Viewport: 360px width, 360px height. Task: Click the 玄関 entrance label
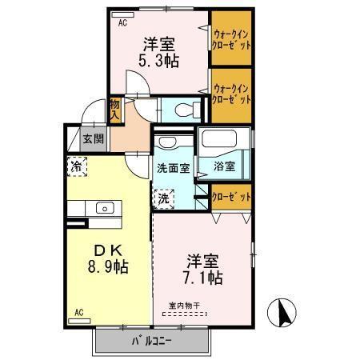(93, 138)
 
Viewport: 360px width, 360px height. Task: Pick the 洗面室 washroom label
(172, 169)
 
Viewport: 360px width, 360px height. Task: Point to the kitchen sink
(105, 208)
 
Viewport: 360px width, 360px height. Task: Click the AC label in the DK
(79, 313)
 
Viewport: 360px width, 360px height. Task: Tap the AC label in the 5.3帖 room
(122, 23)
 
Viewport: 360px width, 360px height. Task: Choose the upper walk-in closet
(232, 39)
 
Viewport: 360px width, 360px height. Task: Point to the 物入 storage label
(114, 108)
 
